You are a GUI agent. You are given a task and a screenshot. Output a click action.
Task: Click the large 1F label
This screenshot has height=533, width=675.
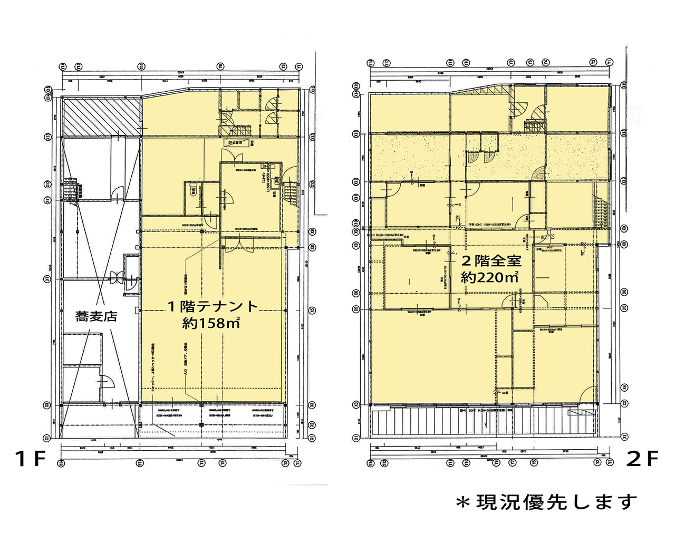pos(31,459)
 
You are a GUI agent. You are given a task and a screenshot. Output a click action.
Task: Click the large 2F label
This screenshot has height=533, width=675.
pos(642,459)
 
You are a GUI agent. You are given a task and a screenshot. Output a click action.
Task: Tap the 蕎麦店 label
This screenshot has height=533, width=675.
pos(96,316)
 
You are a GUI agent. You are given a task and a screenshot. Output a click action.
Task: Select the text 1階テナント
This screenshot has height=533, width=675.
pos(213,306)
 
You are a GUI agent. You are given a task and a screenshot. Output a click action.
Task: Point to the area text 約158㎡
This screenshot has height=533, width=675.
pos(211,323)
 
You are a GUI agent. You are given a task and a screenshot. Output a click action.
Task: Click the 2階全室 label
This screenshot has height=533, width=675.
pos(491,260)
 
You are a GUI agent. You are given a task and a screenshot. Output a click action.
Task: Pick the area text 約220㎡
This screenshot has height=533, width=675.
pos(490,277)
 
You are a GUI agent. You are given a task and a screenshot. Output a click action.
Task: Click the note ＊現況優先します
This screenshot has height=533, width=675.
pos(546,502)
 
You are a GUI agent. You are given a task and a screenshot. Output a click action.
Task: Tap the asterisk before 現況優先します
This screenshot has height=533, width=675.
pos(463,503)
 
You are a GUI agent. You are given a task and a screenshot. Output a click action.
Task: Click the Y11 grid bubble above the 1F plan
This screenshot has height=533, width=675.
pos(141,66)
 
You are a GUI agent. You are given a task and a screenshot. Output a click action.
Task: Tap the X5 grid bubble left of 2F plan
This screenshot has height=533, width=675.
pos(356,308)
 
